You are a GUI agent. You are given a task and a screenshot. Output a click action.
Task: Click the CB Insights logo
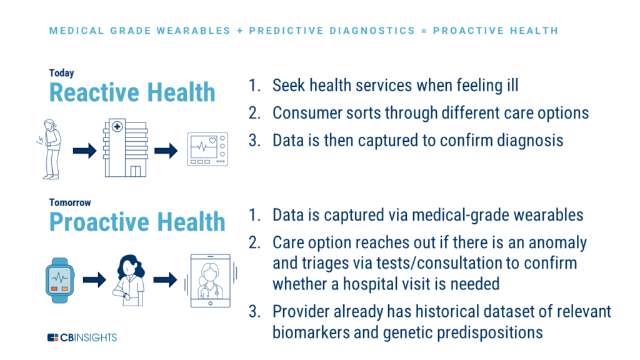[x=82, y=337]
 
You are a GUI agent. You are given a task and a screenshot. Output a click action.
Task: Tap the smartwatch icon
[x=59, y=281]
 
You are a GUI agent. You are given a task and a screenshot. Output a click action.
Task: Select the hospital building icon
[x=125, y=147]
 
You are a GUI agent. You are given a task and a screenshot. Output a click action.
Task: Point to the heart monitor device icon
[x=207, y=149]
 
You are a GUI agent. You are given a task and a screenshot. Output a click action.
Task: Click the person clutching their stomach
[x=51, y=149]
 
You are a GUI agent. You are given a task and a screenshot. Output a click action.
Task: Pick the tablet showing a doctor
[x=211, y=281]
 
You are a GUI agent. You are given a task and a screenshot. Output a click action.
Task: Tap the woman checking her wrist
[x=129, y=281]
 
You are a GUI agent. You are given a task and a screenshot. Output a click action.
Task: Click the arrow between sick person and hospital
[x=85, y=151]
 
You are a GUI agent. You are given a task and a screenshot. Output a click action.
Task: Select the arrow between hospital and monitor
[x=166, y=151]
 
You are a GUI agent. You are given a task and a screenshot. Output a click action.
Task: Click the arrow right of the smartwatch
[x=95, y=280]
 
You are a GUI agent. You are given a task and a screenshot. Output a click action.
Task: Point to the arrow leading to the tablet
[x=165, y=280]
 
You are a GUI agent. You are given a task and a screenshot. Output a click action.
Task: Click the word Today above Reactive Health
[x=62, y=74]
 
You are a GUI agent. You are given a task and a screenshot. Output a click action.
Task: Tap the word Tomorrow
[x=70, y=202]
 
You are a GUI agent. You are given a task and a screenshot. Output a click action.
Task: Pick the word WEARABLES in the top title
[x=194, y=31]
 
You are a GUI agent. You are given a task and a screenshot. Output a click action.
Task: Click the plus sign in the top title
[x=240, y=31]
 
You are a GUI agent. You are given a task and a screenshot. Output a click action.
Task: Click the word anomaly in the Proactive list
[x=557, y=243]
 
